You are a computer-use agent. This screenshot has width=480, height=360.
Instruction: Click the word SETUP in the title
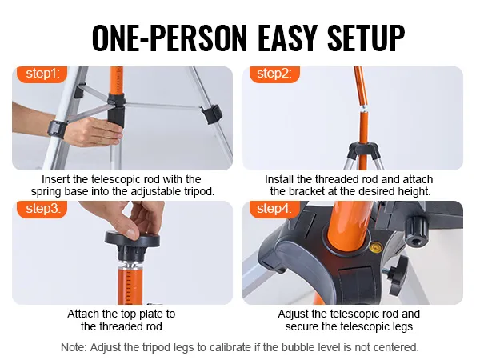click(x=366, y=38)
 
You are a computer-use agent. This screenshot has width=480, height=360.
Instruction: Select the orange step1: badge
click(x=42, y=74)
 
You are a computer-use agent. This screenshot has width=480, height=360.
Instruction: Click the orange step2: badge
click(x=274, y=74)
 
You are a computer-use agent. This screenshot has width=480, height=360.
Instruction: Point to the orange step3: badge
click(x=42, y=209)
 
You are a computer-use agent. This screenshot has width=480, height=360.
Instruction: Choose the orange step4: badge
click(x=274, y=209)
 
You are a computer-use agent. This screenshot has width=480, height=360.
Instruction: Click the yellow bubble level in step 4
click(x=376, y=246)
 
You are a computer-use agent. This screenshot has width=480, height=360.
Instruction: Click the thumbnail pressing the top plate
click(x=132, y=234)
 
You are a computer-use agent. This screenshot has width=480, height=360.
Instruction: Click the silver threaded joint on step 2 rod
click(x=363, y=109)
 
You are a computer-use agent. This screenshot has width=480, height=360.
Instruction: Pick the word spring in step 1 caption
click(x=46, y=192)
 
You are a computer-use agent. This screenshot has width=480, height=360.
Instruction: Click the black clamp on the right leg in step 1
click(x=211, y=114)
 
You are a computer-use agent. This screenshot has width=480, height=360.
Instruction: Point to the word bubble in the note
click(x=296, y=347)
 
